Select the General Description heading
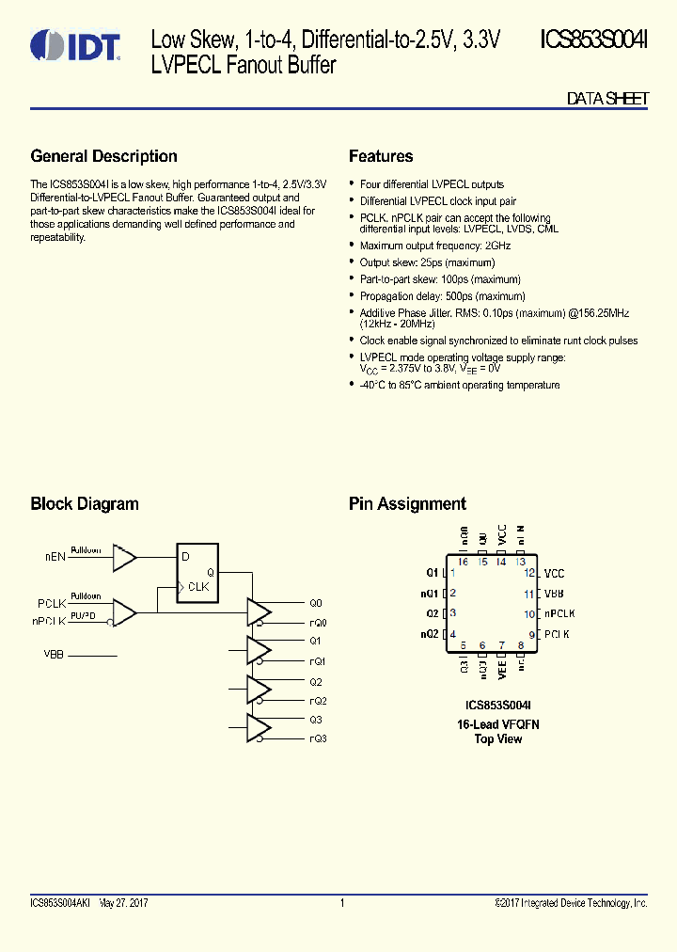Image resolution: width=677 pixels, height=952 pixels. (x=103, y=156)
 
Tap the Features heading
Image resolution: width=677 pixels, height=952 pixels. (x=381, y=156)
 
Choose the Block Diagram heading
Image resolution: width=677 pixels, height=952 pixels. (x=85, y=503)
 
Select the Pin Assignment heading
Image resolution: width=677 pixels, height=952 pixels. (x=407, y=503)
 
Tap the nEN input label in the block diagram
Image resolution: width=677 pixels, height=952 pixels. (x=55, y=557)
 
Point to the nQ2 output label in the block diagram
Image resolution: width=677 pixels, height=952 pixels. (x=318, y=701)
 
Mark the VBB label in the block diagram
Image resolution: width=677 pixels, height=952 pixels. (x=54, y=653)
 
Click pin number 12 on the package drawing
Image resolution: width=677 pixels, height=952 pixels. (x=530, y=573)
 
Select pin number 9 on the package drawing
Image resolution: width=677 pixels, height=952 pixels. (x=531, y=635)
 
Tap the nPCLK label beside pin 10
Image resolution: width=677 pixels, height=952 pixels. (x=559, y=613)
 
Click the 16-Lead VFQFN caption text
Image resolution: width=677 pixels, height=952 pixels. (x=498, y=723)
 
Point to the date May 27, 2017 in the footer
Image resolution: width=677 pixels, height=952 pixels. (x=123, y=903)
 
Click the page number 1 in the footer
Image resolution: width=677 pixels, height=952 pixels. (x=342, y=903)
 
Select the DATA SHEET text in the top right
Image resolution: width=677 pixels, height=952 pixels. (x=607, y=99)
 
